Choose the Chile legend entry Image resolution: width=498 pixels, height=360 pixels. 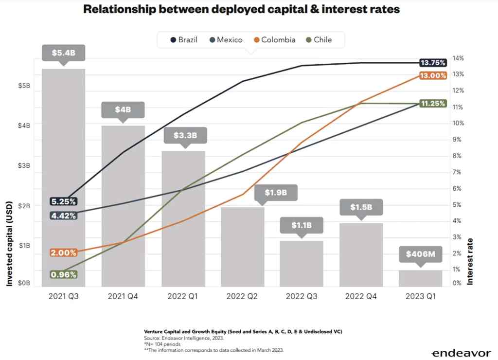click(x=319, y=40)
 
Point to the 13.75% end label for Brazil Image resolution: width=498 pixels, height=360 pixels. click(x=433, y=63)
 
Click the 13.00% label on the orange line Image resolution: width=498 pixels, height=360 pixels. click(x=433, y=75)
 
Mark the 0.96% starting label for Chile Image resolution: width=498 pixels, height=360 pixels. click(x=64, y=274)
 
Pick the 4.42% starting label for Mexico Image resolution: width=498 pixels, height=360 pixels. click(x=64, y=215)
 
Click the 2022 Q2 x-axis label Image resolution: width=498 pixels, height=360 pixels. click(x=242, y=296)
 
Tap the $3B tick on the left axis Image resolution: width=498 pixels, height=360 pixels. click(x=24, y=166)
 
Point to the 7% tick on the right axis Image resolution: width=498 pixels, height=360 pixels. click(x=459, y=172)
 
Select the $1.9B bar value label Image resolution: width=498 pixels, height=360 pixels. click(x=275, y=193)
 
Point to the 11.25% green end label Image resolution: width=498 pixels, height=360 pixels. click(x=433, y=104)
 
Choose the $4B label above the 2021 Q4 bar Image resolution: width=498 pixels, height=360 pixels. click(x=123, y=110)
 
